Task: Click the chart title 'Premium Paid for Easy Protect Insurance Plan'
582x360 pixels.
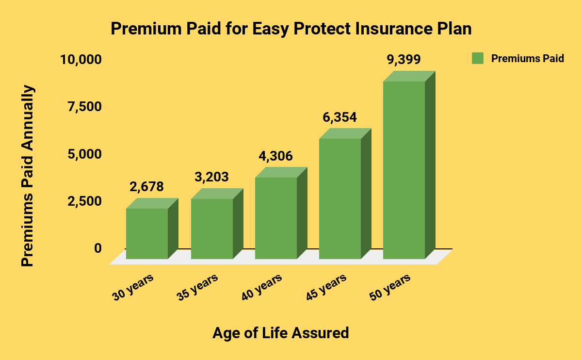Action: pyautogui.click(x=291, y=29)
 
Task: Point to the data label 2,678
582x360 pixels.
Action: pyautogui.click(x=146, y=187)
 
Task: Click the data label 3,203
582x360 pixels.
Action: pyautogui.click(x=211, y=177)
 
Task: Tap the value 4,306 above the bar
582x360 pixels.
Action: pyautogui.click(x=275, y=156)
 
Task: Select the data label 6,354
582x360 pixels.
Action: pyautogui.click(x=339, y=117)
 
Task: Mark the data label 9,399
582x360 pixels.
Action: pyautogui.click(x=404, y=59)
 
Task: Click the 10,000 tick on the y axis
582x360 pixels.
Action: pyautogui.click(x=81, y=60)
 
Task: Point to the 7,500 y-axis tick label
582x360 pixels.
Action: pyautogui.click(x=84, y=107)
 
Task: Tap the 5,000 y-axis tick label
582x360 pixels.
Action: pyautogui.click(x=84, y=154)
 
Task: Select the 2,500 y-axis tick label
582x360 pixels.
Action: pyautogui.click(x=84, y=201)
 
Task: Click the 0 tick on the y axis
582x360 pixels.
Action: pyautogui.click(x=98, y=248)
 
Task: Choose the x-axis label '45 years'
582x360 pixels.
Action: pyautogui.click(x=326, y=287)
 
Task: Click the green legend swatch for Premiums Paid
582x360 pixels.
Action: pyautogui.click(x=478, y=58)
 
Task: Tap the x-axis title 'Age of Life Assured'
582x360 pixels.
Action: pyautogui.click(x=281, y=333)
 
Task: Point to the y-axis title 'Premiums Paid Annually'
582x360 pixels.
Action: pyautogui.click(x=27, y=176)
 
